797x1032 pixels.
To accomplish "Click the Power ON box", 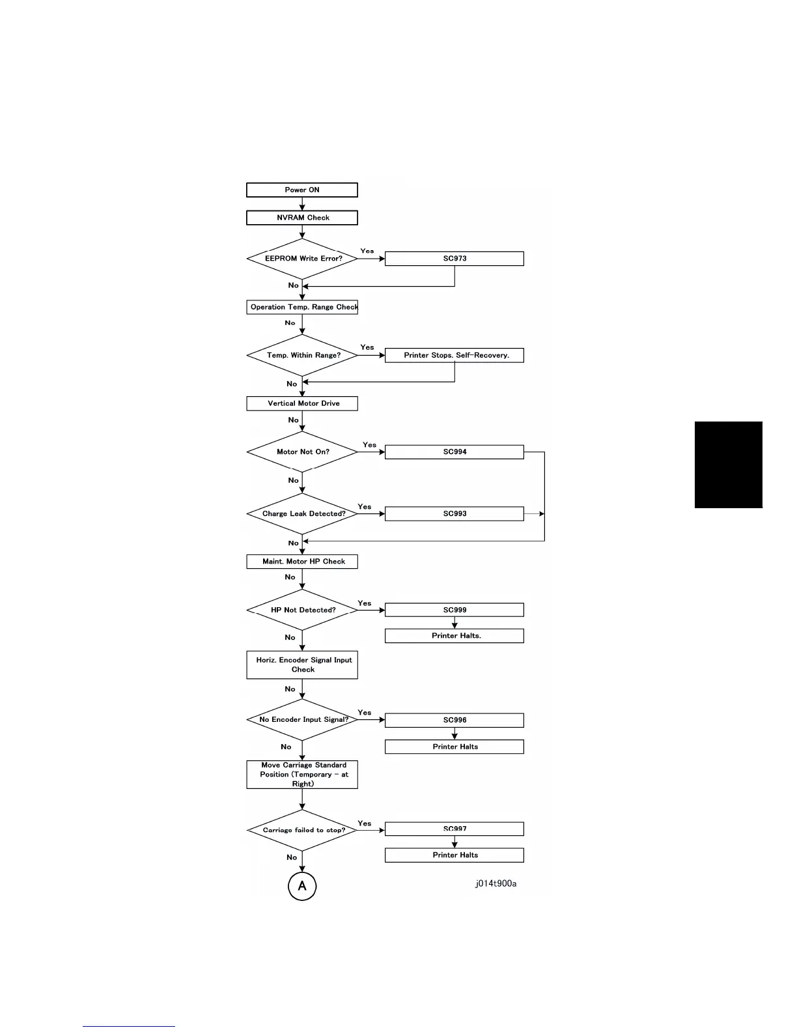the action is [x=302, y=190].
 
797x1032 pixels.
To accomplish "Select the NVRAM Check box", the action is [x=302, y=218].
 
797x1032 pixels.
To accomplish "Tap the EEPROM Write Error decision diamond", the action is [x=303, y=259].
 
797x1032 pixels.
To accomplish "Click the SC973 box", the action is [x=454, y=259].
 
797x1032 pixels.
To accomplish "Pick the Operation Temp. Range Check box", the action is [x=302, y=307].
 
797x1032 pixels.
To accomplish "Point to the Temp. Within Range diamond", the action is [x=303, y=355].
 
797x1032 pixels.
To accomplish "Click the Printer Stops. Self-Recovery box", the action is [x=454, y=355].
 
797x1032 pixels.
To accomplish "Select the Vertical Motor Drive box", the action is [x=302, y=403].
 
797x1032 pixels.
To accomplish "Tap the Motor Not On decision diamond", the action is [x=303, y=451].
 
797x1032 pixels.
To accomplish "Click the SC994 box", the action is [x=454, y=451].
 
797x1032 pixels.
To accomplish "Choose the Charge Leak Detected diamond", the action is [x=303, y=513].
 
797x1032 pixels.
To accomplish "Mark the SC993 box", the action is [x=454, y=513].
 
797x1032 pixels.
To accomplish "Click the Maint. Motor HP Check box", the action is [x=302, y=561].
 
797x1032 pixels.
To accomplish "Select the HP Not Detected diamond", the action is [x=303, y=610].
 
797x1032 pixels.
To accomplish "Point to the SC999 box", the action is [x=454, y=610].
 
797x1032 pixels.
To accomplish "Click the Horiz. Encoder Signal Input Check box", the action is [x=302, y=665].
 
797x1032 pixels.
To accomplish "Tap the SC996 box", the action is [x=454, y=720].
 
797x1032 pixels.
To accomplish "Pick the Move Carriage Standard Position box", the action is [x=302, y=775].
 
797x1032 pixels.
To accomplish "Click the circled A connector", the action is [x=302, y=886].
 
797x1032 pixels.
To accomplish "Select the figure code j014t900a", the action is [x=496, y=883].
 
